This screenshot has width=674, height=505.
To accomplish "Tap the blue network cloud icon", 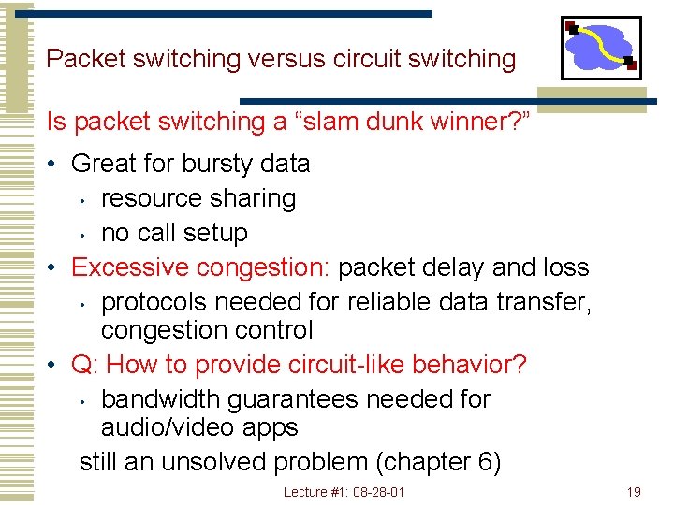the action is pyautogui.click(x=600, y=48).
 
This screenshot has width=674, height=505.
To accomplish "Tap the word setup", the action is pyautogui.click(x=218, y=233).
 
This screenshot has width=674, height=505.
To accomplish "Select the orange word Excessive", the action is pyautogui.click(x=130, y=267).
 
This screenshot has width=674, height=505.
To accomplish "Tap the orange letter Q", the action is pyautogui.click(x=81, y=365).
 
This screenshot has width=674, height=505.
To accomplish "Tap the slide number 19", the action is pyautogui.click(x=634, y=492).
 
